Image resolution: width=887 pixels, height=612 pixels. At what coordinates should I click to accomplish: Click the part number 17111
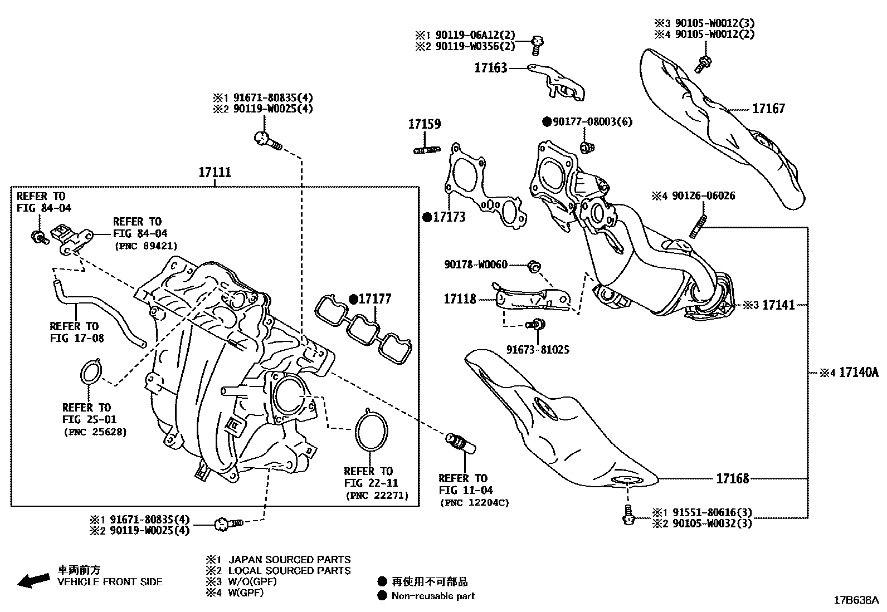coord(215,173)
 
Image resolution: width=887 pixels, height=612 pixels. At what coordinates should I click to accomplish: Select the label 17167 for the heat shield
coord(768,108)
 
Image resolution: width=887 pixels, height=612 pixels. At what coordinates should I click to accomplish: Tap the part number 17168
coord(732,478)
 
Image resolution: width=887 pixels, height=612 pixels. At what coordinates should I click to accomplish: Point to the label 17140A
coord(858,372)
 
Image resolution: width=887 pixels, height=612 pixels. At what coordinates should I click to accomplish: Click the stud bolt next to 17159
coord(427,150)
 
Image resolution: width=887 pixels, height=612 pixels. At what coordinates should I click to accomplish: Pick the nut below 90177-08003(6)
coord(586,148)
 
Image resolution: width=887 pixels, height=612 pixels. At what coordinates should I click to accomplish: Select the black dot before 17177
coord(353,299)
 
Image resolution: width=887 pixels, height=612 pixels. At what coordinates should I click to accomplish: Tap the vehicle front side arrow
coord(33,581)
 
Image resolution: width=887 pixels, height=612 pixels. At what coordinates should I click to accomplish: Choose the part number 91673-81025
coord(538,350)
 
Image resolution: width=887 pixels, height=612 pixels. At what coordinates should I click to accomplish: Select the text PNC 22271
coord(377,495)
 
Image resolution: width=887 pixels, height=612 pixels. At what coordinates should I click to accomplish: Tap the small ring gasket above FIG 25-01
coord(91,372)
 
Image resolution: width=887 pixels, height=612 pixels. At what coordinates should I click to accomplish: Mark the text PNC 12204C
coord(474,502)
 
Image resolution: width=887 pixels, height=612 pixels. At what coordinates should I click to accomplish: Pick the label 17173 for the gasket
coord(449,217)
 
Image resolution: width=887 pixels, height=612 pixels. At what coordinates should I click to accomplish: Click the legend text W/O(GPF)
coord(252,581)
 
